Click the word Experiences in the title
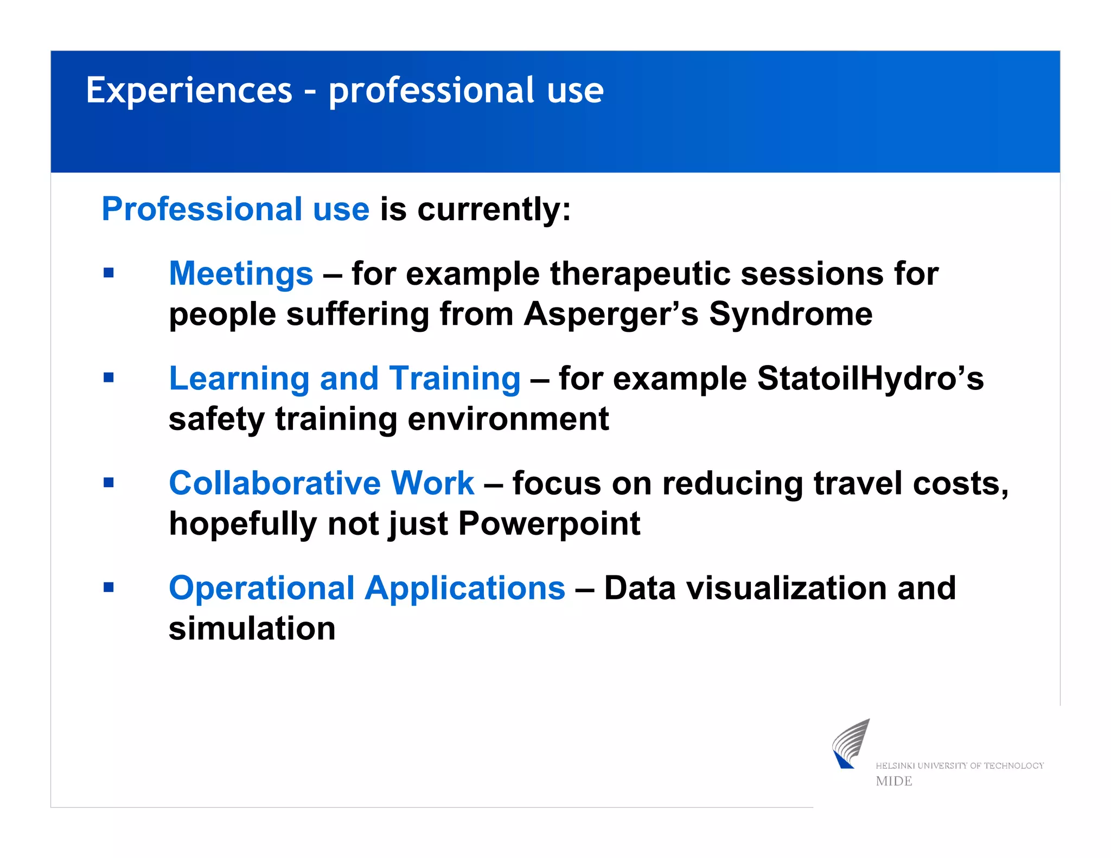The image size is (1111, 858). click(189, 91)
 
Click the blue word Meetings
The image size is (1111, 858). click(241, 273)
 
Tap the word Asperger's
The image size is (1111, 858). click(611, 314)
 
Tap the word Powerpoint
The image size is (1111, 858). click(549, 524)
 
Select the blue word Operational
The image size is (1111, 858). click(261, 588)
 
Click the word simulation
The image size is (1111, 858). click(252, 629)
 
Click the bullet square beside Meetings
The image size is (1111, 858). click(108, 273)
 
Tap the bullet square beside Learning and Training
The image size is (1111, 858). click(108, 377)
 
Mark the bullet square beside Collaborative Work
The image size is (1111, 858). click(108, 482)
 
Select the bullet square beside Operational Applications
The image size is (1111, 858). click(108, 587)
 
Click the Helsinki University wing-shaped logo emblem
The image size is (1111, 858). click(851, 744)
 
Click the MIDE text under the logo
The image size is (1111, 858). click(893, 781)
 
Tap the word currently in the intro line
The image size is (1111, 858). click(494, 209)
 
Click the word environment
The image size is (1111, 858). click(508, 419)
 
